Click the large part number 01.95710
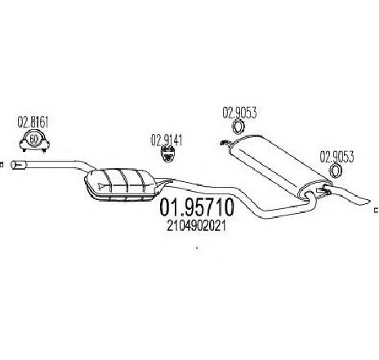(x=196, y=207)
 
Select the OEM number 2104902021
(x=196, y=225)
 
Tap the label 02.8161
(x=33, y=122)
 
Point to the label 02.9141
(x=167, y=140)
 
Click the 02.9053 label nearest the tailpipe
(x=337, y=157)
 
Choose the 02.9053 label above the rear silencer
(x=239, y=113)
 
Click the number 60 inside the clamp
(x=33, y=140)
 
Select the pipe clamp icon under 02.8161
(x=34, y=141)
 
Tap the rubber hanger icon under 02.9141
(x=167, y=154)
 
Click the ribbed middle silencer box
(x=121, y=185)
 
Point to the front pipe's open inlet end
(x=13, y=164)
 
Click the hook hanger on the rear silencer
(x=225, y=143)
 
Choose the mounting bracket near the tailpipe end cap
(x=324, y=190)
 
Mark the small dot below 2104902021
(x=197, y=248)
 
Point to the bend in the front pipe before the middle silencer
(x=83, y=164)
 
